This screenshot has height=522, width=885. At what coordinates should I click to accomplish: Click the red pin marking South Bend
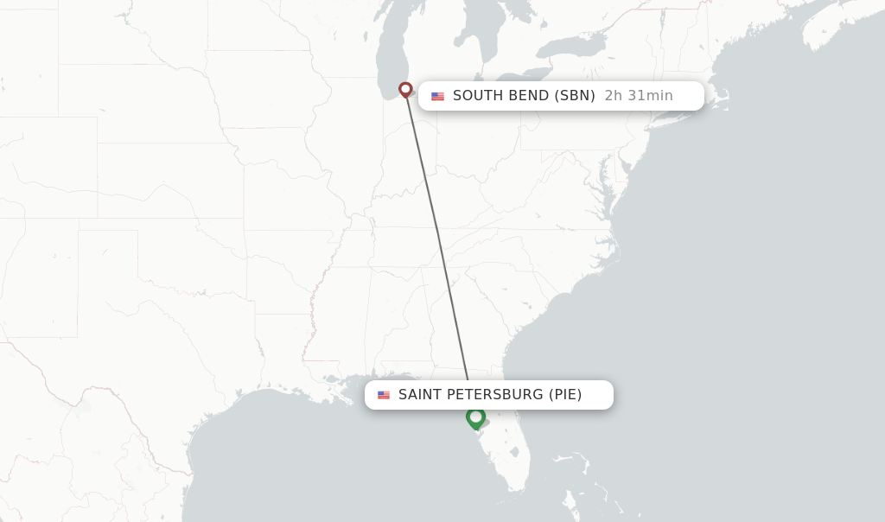405,88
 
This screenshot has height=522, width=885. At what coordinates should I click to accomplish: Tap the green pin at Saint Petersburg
475,417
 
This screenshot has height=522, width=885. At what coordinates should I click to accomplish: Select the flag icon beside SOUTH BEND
438,96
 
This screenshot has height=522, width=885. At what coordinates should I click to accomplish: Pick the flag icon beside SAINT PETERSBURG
384,395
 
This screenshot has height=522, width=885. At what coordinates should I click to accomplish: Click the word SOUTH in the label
477,96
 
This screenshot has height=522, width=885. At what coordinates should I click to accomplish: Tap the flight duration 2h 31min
639,96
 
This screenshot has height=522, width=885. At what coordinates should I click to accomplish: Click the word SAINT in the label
420,395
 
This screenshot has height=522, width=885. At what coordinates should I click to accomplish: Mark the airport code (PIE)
565,395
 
